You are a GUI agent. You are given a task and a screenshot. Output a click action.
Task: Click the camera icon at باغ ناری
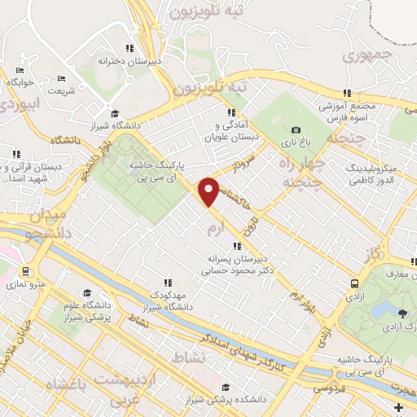coord(296,130)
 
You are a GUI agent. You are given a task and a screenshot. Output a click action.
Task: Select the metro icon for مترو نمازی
coord(26,271)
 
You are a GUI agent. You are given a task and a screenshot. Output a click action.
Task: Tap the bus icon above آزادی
coord(354,283)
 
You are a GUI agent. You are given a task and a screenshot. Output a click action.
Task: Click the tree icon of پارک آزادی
coord(402,314)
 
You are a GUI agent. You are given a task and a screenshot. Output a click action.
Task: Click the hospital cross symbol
coord(397,406)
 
